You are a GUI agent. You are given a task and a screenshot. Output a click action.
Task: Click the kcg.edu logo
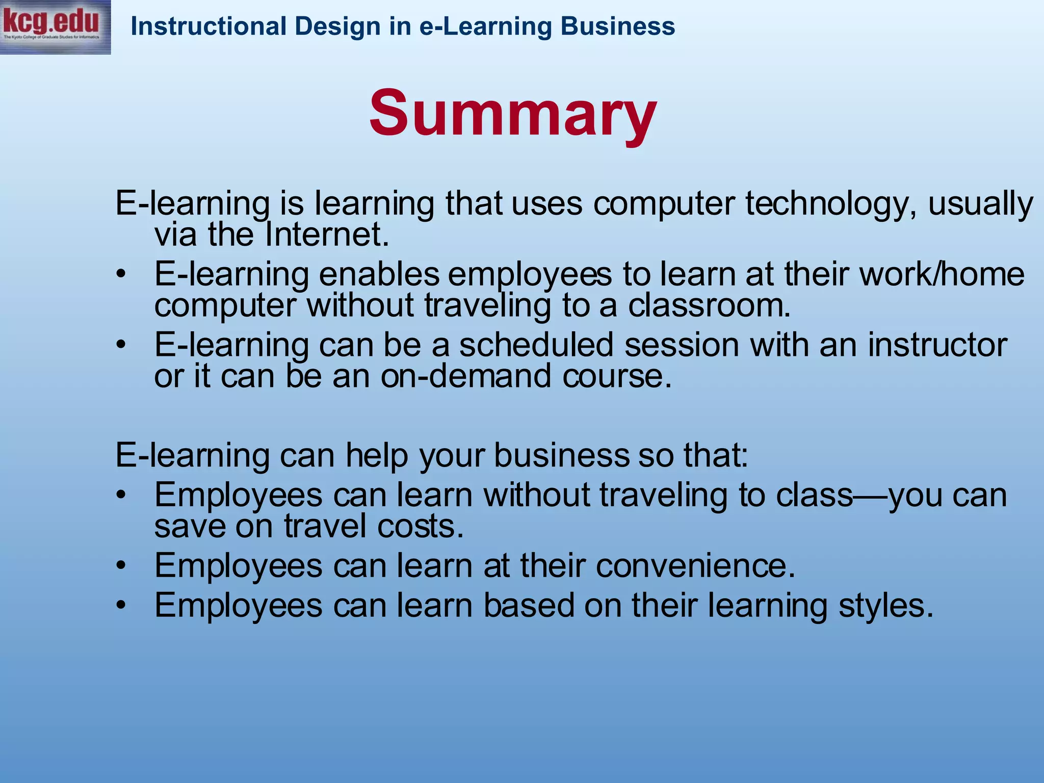pos(55,27)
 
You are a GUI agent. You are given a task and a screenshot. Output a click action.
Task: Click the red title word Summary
pos(513,113)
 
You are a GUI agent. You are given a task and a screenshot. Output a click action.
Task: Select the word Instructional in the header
pos(208,27)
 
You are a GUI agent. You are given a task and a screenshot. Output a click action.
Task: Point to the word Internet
pos(327,235)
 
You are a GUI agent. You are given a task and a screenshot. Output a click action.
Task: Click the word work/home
pos(942,274)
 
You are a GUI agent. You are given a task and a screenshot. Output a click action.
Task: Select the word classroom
pos(709,306)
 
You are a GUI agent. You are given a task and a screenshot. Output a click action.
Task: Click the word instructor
pos(937,345)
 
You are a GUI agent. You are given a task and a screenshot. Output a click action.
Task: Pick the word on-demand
pos(465,376)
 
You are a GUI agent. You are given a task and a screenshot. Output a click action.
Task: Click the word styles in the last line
pos(886,606)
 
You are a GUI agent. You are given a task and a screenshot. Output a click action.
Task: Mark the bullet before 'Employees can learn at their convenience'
pos(120,566)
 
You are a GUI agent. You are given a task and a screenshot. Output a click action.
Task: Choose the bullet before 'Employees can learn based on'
pos(120,606)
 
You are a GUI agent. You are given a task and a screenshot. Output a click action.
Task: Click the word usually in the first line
pos(980,204)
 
